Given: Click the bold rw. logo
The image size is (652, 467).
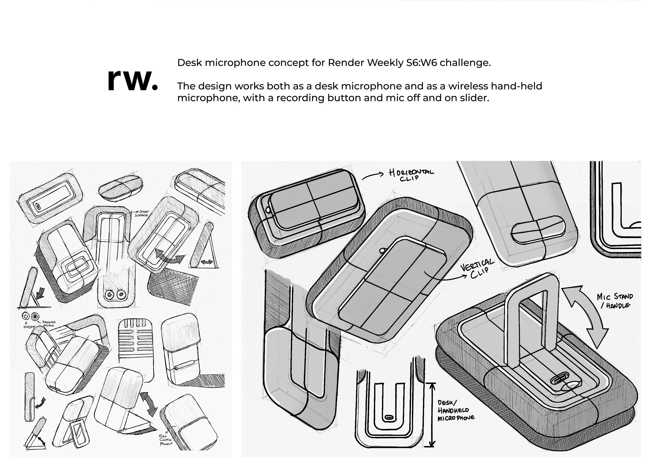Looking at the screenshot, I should click(132, 80).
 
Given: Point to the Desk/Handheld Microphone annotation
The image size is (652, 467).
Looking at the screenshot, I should click(455, 410).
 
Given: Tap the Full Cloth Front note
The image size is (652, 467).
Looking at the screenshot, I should click(166, 440).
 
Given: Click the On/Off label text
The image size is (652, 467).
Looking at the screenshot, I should click(29, 327).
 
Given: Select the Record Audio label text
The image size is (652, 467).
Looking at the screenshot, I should click(48, 324).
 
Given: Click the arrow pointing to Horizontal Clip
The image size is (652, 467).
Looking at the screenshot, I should click(373, 176).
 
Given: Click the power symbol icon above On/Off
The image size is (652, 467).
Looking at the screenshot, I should click(26, 316).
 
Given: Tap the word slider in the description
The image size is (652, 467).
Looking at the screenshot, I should click(474, 98).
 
